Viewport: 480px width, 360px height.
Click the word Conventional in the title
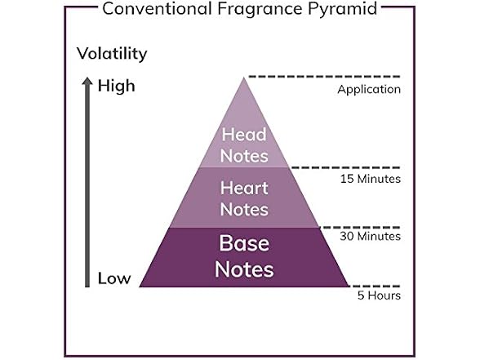pos(157,8)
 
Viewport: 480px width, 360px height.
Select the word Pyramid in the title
pos(342,9)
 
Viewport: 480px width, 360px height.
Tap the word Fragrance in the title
pos(260,10)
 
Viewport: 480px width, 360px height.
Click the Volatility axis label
pos(112,54)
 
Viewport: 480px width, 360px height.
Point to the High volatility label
pos(116,86)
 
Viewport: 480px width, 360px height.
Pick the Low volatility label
pos(114,278)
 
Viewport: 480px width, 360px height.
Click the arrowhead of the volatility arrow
pos(87,81)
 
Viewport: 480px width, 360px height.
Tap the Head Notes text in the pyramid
pos(244,145)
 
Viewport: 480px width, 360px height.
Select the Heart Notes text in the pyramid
pos(244,198)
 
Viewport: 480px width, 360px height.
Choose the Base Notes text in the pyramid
pos(244,256)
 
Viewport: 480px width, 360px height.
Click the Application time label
pos(369,90)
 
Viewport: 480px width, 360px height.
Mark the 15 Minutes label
pos(371,179)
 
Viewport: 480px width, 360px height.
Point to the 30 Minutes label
pos(370,237)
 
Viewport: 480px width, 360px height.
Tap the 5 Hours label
pos(379,296)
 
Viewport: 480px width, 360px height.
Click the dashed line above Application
pos(325,76)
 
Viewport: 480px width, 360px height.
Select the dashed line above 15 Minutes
pos(345,167)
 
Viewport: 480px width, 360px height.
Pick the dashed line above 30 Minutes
pos(360,228)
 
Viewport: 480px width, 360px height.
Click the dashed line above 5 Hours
pos(375,287)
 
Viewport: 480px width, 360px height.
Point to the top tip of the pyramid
pos(244,78)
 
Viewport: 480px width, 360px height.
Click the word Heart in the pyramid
pos(244,188)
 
